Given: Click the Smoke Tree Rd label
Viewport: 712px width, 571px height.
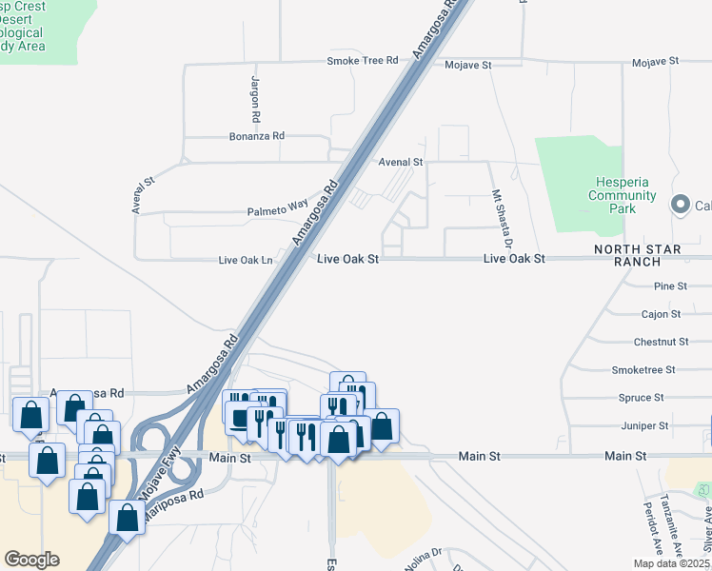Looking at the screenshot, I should click(362, 61).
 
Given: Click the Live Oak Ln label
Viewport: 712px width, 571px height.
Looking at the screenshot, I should click(246, 260).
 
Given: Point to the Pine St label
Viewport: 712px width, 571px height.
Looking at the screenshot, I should click(671, 285).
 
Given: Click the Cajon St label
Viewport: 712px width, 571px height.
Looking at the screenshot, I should click(662, 313).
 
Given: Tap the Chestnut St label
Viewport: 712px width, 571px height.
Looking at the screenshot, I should click(661, 341).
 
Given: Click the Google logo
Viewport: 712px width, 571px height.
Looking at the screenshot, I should click(31, 560).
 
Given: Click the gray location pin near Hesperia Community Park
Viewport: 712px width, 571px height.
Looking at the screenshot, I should click(681, 205).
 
